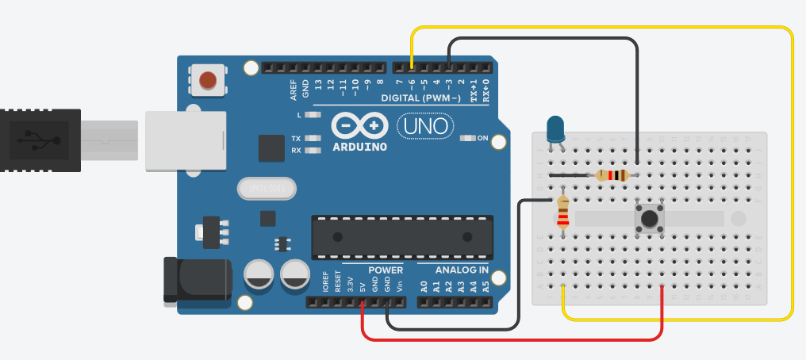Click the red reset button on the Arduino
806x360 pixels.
[207, 80]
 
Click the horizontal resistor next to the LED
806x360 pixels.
[612, 175]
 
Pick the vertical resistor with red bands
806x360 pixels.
[563, 212]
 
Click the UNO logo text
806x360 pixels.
[424, 125]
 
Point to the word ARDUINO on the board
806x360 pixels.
[359, 147]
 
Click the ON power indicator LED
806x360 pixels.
[467, 138]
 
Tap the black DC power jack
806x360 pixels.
[194, 278]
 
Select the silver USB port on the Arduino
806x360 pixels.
[183, 140]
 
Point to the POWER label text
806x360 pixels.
[386, 270]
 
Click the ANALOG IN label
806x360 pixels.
[462, 270]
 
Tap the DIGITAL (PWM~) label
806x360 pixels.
[420, 98]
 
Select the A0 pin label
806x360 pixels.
[424, 286]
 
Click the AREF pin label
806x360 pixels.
[294, 88]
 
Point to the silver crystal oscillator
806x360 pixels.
[266, 188]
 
